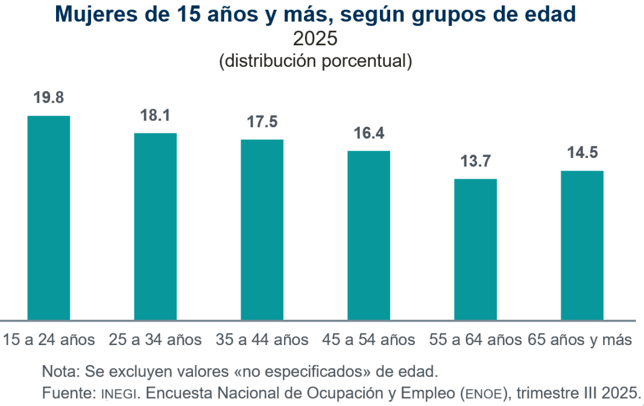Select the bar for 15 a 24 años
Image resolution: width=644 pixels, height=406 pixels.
pyautogui.click(x=49, y=217)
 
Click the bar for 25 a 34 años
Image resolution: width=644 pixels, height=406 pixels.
pyautogui.click(x=156, y=226)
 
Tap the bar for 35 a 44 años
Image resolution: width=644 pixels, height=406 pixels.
pyautogui.click(x=262, y=229)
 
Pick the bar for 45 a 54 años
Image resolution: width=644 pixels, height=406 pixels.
pyautogui.click(x=369, y=235)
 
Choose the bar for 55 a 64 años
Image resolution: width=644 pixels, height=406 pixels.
pyautogui.click(x=475, y=249)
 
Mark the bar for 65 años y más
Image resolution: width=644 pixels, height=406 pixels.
pyautogui.click(x=582, y=245)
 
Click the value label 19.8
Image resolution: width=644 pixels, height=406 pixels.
pyautogui.click(x=49, y=98)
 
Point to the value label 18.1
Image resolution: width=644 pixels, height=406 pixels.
pyautogui.click(x=156, y=115)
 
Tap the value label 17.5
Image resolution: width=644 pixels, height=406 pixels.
pyautogui.click(x=262, y=121)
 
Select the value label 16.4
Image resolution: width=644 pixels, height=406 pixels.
pyautogui.click(x=369, y=133)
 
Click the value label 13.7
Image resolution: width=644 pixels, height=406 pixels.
pyautogui.click(x=475, y=161)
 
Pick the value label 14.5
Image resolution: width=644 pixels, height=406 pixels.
pyautogui.click(x=582, y=153)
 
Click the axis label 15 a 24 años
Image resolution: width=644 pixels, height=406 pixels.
pyautogui.click(x=49, y=340)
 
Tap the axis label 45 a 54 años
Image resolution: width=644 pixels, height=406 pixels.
pyautogui.click(x=369, y=340)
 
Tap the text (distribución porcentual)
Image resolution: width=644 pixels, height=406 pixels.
pyautogui.click(x=315, y=61)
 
